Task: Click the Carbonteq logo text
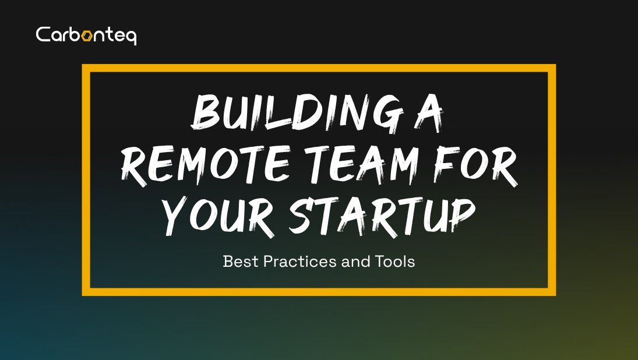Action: tap(86, 35)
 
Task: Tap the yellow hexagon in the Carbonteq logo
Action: tap(87, 36)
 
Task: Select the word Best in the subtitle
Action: tap(241, 262)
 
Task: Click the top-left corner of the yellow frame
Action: tap(85, 68)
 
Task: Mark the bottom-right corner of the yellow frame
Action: tap(552, 292)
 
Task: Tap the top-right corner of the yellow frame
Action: tap(552, 68)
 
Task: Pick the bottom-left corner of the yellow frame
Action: tap(85, 292)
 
